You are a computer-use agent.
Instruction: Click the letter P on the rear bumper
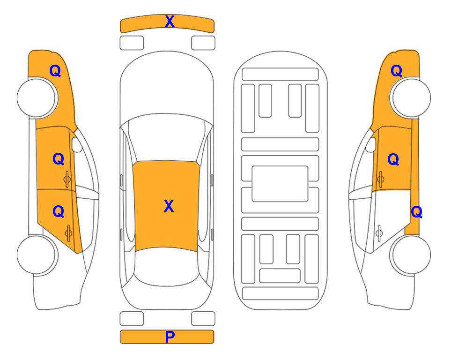click(x=170, y=337)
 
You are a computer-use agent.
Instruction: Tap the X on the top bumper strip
click(x=170, y=22)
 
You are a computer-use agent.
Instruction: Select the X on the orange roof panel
click(x=169, y=206)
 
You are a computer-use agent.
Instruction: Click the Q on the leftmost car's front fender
click(x=55, y=71)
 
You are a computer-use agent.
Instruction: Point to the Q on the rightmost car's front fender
click(x=396, y=71)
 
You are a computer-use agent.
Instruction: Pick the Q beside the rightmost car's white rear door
click(x=416, y=212)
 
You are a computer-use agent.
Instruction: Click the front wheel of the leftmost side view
click(x=37, y=98)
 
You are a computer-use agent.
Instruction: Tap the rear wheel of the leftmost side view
click(x=37, y=255)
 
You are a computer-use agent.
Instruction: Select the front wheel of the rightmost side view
click(x=410, y=98)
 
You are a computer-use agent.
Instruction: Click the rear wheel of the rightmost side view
click(x=410, y=255)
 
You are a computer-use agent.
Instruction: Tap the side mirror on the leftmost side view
click(x=77, y=144)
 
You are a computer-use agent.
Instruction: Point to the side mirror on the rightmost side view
click(x=371, y=144)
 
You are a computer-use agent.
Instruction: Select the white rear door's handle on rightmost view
click(x=379, y=232)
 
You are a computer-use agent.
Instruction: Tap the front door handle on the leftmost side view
click(x=67, y=179)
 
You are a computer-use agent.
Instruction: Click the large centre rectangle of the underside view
click(x=280, y=184)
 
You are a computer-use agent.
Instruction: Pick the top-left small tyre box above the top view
click(x=132, y=43)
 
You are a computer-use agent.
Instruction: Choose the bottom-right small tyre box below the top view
click(x=203, y=319)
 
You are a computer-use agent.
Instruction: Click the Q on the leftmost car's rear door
click(x=59, y=211)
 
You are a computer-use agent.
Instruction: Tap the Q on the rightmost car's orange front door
click(x=393, y=159)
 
